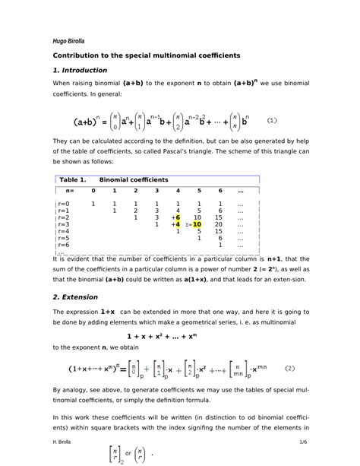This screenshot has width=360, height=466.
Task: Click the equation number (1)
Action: [273, 120]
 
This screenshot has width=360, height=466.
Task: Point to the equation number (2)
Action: [290, 369]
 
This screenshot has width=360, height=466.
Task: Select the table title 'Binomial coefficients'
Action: [139, 179]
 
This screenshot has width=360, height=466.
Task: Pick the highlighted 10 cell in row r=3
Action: [197, 225]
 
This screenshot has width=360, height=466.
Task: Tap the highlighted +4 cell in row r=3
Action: [175, 225]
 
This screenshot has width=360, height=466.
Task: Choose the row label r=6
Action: [63, 246]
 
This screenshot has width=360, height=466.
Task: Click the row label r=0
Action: [63, 204]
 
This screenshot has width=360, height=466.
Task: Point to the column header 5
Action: [198, 190]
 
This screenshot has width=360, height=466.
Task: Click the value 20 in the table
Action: [219, 225]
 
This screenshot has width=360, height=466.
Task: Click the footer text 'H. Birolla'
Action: [65, 442]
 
